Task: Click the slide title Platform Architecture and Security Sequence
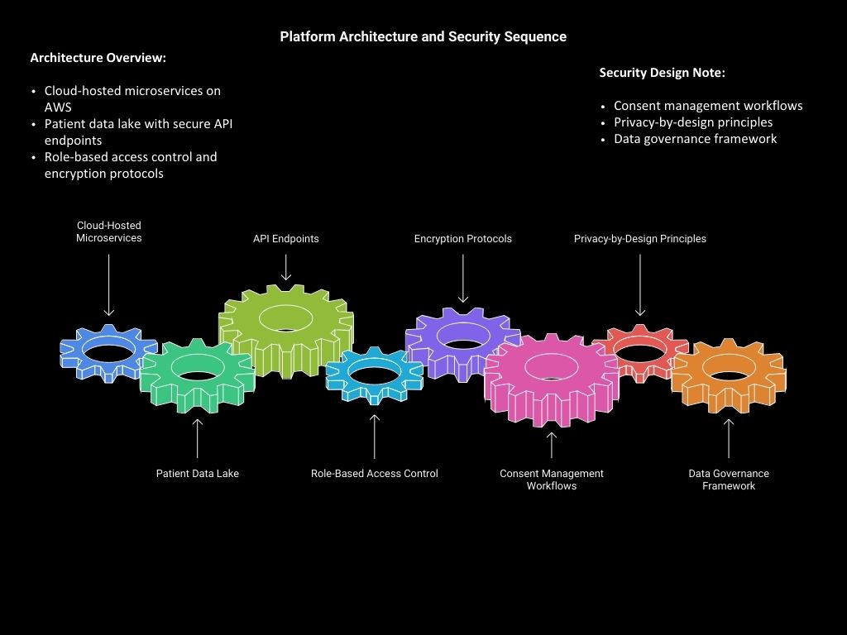pos(423,36)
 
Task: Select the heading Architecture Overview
pos(98,58)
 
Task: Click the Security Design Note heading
pos(662,73)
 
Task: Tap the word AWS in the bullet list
pos(58,107)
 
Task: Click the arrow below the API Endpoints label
pos(285,266)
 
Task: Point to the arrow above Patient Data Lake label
pos(197,438)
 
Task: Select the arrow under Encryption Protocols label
pos(463,278)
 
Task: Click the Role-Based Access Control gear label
pos(374,474)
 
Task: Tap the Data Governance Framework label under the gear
pos(729,480)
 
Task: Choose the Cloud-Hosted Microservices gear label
pos(109,232)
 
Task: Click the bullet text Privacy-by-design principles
pos(693,122)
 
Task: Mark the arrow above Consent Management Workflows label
pos(552,445)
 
